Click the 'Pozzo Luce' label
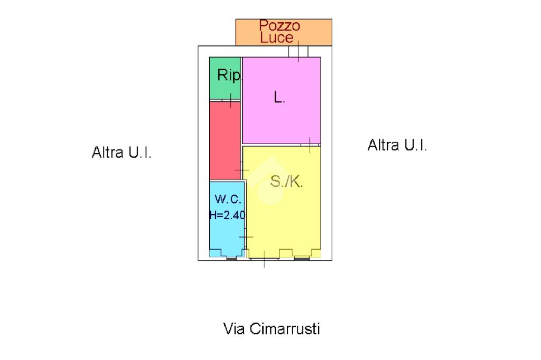279,31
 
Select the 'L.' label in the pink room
279,97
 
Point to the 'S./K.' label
286,182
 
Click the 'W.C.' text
228,200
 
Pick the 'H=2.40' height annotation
227,215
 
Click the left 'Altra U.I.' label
122,153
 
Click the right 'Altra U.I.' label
397,145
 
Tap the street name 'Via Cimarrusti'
272,329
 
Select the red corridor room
225,140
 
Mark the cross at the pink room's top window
298,51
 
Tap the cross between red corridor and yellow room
242,169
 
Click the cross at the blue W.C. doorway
246,237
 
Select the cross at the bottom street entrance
264,258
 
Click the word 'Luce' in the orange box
276,37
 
